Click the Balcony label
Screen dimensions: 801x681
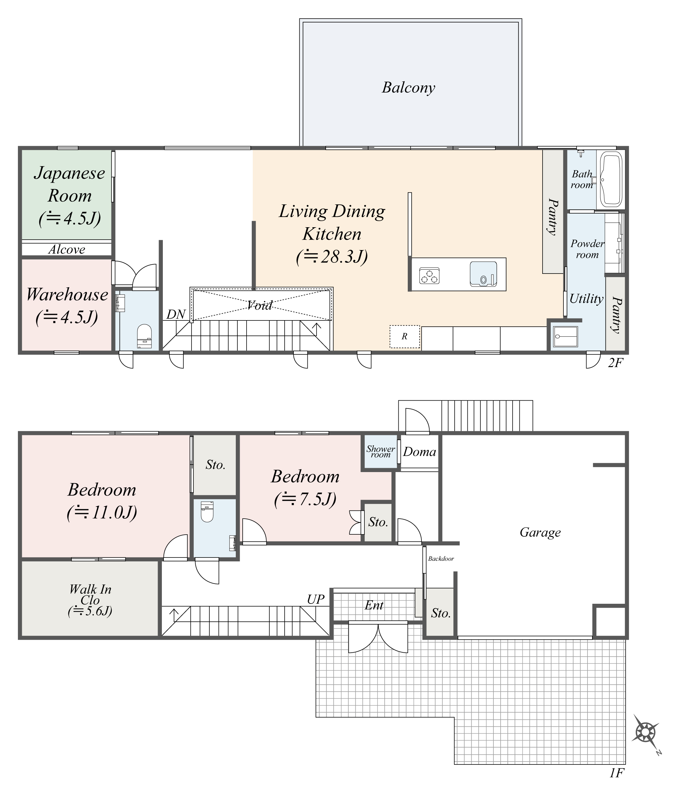[408, 88]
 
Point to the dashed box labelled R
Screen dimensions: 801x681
[404, 336]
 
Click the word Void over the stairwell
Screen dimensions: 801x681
[260, 305]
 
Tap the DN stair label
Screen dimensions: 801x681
[176, 315]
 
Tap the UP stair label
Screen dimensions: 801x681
[315, 599]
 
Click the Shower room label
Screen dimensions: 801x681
[381, 451]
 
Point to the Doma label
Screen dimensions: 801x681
[420, 452]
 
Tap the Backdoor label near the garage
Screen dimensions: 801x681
[441, 559]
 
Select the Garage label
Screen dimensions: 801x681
[540, 532]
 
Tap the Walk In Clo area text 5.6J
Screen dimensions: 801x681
[90, 611]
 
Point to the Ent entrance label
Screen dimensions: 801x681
[374, 605]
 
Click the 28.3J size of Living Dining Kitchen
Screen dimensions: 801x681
[332, 257]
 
